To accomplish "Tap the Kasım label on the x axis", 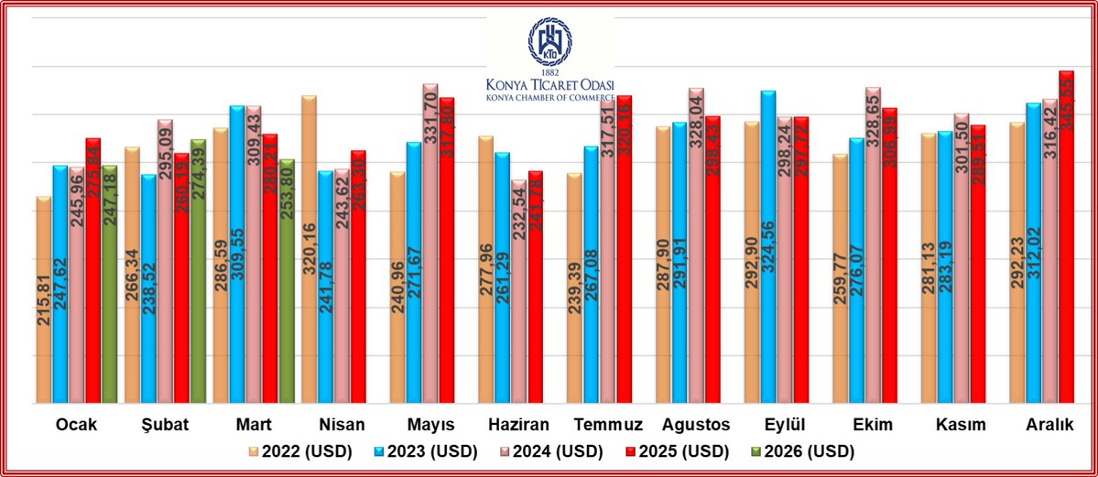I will [x=960, y=425].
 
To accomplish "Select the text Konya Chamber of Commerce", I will [x=549, y=95].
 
